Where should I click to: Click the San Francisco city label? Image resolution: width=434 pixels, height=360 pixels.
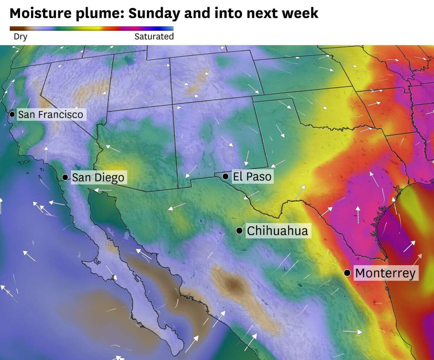click(x=51, y=115)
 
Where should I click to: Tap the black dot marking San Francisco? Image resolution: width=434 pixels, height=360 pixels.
click(x=12, y=114)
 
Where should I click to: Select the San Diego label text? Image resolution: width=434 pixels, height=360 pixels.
click(x=98, y=177)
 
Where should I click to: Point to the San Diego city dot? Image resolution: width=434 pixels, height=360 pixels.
click(x=65, y=177)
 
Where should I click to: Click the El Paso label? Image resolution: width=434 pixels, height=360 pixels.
click(x=252, y=177)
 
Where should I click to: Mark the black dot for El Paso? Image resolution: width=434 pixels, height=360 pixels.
click(x=225, y=176)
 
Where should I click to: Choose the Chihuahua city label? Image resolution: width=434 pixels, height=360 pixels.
click(x=277, y=231)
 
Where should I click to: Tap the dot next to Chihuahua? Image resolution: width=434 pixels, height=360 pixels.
click(x=239, y=230)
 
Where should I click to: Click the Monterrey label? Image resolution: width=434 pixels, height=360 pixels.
click(x=385, y=273)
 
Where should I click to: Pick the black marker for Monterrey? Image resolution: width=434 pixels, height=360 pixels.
click(x=347, y=272)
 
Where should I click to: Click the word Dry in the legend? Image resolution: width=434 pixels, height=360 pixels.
click(x=20, y=37)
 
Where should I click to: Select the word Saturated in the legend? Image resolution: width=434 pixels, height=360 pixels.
click(x=154, y=37)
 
